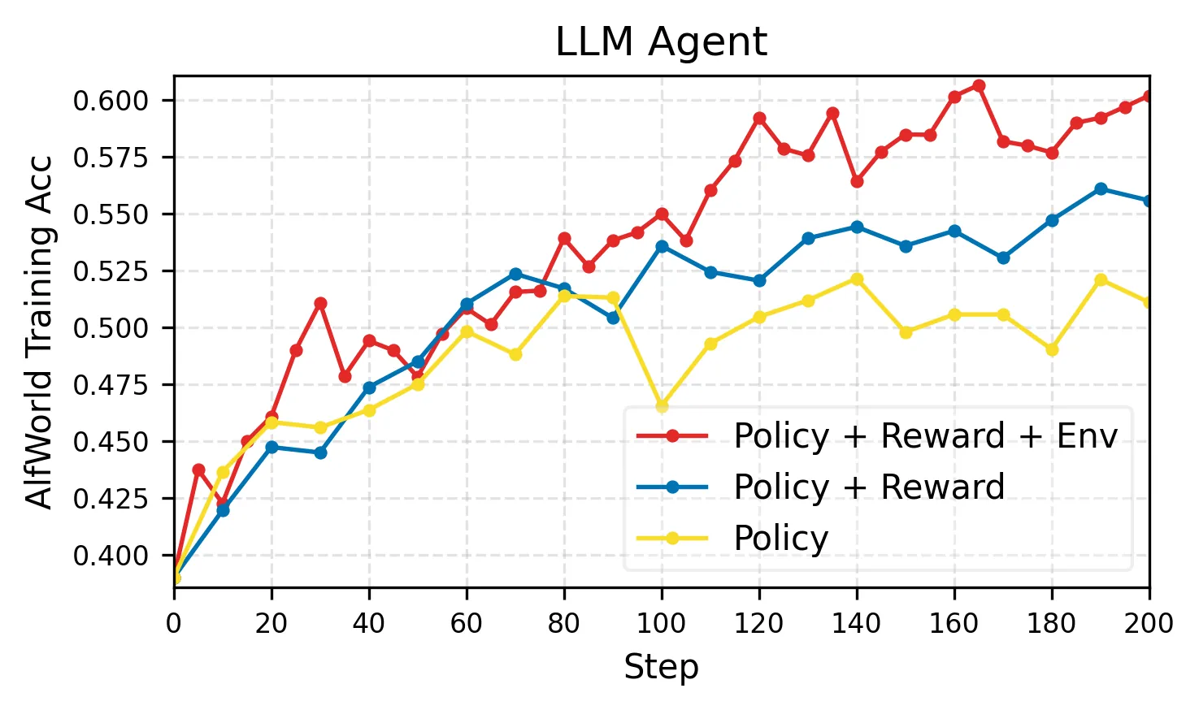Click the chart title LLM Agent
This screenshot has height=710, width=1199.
[660, 42]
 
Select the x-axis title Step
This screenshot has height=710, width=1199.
[660, 668]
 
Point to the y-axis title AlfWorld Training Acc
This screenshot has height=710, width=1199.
[39, 331]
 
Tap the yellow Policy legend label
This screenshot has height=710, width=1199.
[780, 538]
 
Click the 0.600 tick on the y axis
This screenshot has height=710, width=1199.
[111, 101]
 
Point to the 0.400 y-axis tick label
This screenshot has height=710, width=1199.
[111, 556]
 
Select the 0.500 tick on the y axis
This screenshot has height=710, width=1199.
[111, 328]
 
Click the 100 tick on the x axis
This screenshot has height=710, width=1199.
[661, 624]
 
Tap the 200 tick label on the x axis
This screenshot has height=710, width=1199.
[1149, 624]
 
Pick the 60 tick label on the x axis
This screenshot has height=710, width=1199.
[467, 624]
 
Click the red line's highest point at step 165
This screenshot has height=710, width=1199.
[979, 85]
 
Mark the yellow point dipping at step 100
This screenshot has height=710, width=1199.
[662, 405]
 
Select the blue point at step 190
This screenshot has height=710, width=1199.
[1101, 188]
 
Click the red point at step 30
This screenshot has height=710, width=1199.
[320, 303]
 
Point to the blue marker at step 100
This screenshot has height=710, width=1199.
[662, 246]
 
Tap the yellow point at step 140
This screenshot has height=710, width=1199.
[857, 279]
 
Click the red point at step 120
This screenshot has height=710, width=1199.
[759, 118]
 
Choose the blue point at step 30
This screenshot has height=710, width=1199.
[320, 452]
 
